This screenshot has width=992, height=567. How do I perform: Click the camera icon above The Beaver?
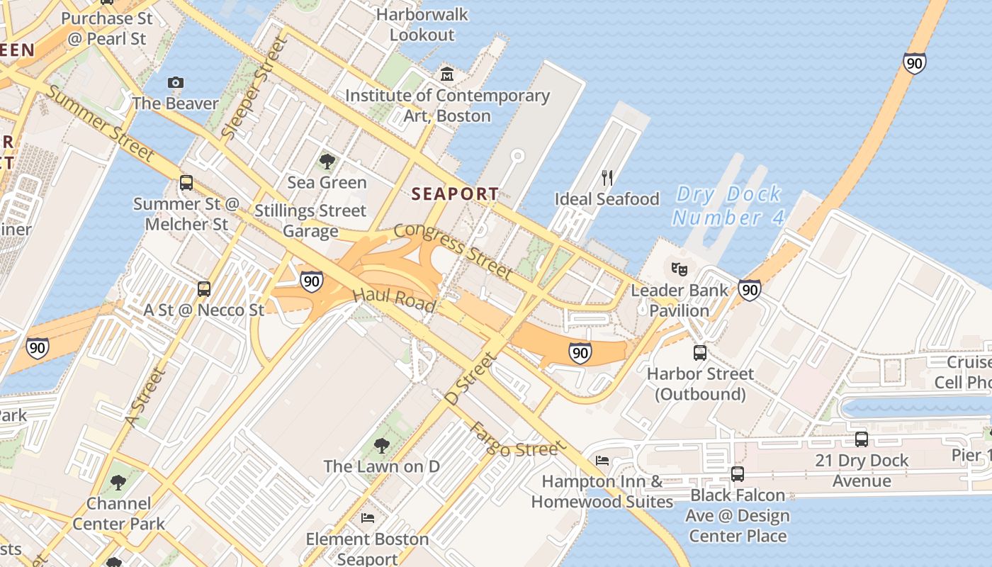point(176,83)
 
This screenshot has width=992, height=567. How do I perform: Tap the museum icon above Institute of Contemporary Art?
point(447,74)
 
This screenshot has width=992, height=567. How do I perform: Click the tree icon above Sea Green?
point(327,162)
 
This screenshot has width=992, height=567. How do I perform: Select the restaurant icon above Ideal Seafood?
point(607,177)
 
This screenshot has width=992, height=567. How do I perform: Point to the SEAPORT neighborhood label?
point(456,193)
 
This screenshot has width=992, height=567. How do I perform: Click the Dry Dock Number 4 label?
point(728,206)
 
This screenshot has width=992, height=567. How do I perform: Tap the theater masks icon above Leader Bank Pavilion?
point(679,269)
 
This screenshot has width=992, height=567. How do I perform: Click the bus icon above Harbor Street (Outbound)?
point(699,352)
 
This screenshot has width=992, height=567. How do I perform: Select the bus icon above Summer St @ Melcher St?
point(186,183)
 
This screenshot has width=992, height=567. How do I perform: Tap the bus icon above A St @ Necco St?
point(204,288)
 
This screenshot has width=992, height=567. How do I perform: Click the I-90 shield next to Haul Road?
point(311,281)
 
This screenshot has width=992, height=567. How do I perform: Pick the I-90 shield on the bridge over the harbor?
point(914,64)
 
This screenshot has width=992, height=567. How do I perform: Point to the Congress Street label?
point(453,250)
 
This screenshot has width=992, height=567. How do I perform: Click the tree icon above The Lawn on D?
point(381,446)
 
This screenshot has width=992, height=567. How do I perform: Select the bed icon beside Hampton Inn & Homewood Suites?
point(602,461)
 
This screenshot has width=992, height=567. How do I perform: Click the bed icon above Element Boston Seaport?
point(367,518)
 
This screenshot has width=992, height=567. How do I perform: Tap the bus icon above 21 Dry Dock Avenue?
point(861,439)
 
